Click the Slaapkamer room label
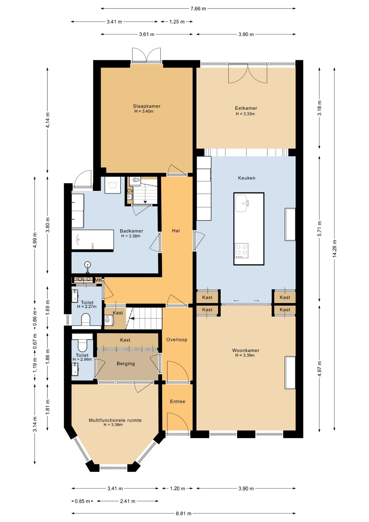tap(147, 106)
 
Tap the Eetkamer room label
tap(246, 108)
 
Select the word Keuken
tap(247, 178)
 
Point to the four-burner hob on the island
tap(242, 250)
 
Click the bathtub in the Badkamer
tap(93, 240)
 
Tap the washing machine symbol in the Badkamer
tap(112, 185)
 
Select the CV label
tap(130, 191)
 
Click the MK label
tap(98, 280)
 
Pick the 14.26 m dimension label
tap(334, 248)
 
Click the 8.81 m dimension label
tap(184, 513)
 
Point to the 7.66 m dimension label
tap(198, 9)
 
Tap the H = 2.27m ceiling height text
tap(87, 307)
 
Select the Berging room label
tap(126, 364)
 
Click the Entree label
tap(178, 402)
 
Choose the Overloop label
tap(177, 340)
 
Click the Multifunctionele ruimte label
tap(115, 420)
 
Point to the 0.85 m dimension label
tap(82, 501)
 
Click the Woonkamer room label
tap(246, 350)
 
